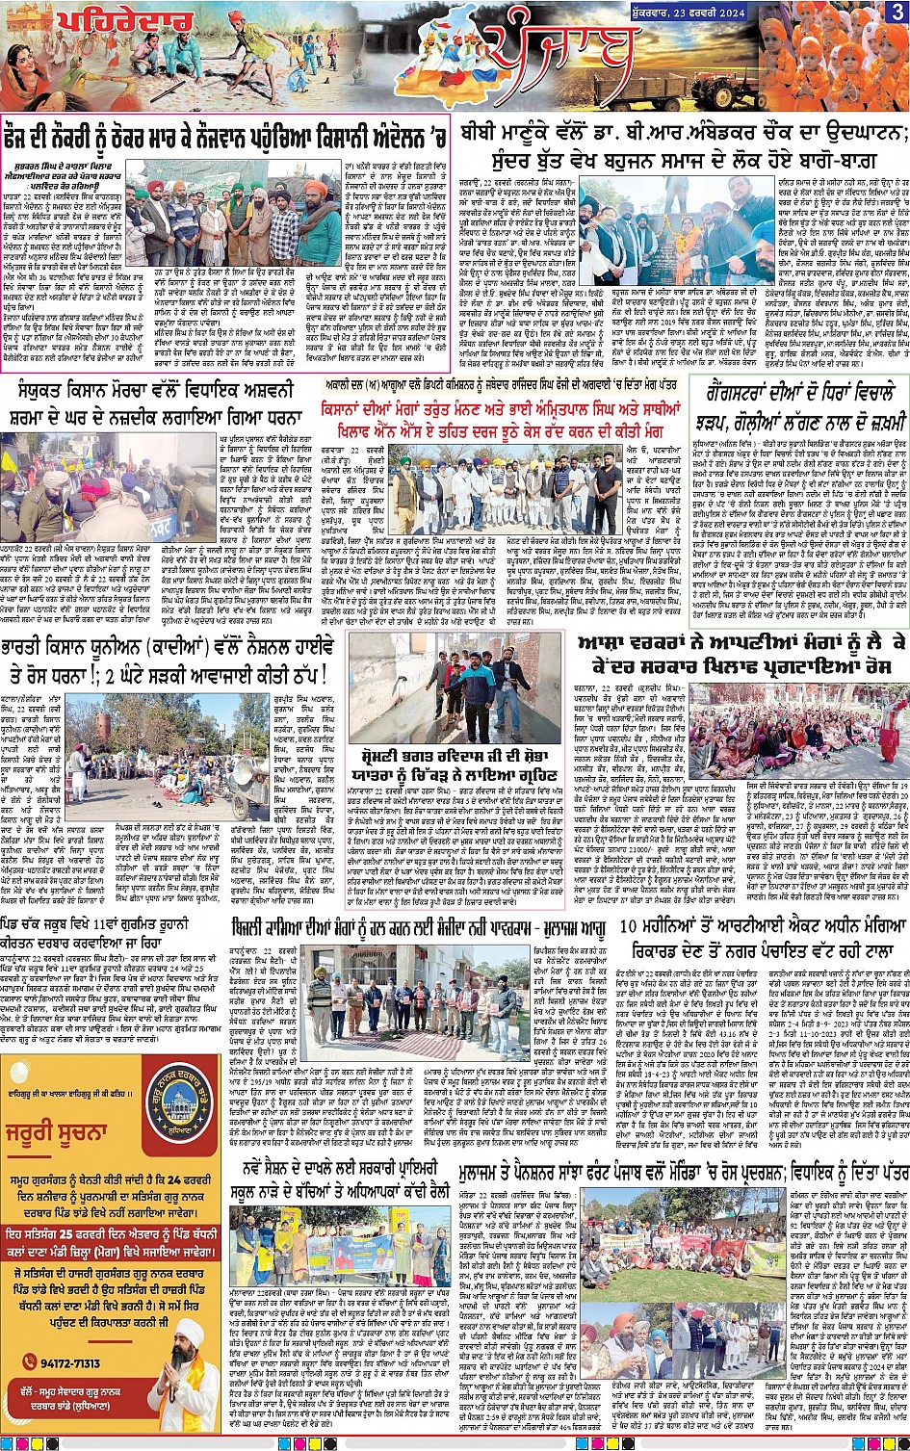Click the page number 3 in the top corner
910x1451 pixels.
(897, 13)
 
